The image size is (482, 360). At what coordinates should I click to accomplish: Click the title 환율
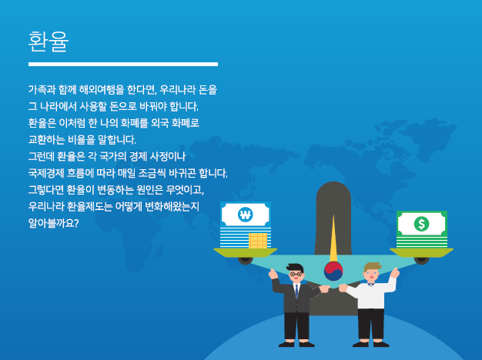(x=49, y=42)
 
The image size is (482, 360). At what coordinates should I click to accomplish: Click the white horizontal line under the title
(x=123, y=64)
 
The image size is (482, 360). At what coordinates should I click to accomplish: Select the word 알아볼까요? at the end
(x=53, y=223)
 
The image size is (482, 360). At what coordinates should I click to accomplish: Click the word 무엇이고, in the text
(x=185, y=190)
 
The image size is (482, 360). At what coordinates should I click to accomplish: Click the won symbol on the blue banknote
(x=246, y=215)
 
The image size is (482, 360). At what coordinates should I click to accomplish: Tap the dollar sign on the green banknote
(x=421, y=224)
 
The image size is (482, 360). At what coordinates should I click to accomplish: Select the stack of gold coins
(x=258, y=241)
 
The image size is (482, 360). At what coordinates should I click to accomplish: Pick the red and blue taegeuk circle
(x=333, y=271)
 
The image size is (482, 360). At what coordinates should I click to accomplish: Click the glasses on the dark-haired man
(x=296, y=274)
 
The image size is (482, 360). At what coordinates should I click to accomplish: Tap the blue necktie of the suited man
(x=296, y=292)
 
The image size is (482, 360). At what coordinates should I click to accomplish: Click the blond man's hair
(x=372, y=267)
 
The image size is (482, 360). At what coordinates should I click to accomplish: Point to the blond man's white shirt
(x=372, y=293)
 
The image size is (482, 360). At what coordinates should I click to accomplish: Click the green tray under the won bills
(x=246, y=252)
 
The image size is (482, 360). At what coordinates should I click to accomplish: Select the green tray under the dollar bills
(x=421, y=252)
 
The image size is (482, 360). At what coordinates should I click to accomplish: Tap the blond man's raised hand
(x=395, y=272)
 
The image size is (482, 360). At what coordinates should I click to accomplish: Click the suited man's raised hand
(x=273, y=274)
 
